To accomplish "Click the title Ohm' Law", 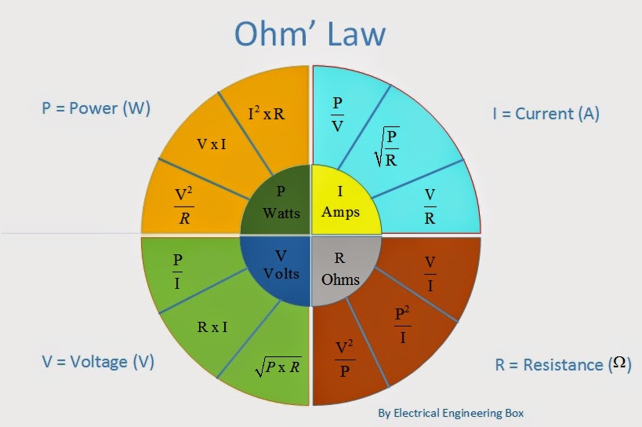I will tap(310, 35).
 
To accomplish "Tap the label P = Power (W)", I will tap(96, 108).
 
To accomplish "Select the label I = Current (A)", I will tap(546, 114).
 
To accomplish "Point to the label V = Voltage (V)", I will tap(98, 362).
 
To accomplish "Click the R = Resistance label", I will tap(563, 365).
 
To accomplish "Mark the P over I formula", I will tap(177, 272).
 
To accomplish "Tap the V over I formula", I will tap(430, 274).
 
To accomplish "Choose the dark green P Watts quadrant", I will tap(278, 202).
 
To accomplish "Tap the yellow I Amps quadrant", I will tap(341, 202).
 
